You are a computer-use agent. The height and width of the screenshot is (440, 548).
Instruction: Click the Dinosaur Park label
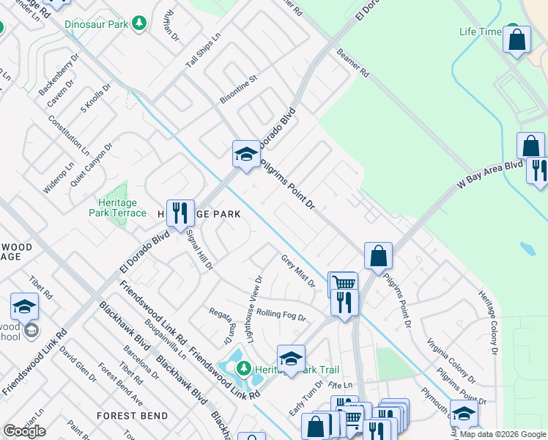pos(96,24)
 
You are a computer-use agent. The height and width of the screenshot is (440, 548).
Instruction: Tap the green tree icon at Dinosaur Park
pos(138,24)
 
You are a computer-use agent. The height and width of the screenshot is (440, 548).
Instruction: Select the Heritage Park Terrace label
pos(122,208)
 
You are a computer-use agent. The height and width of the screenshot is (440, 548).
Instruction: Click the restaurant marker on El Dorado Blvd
pos(179,213)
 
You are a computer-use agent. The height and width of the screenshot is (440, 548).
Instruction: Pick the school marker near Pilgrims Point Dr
pos(246,153)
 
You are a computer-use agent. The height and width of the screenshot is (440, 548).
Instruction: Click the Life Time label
pos(480,32)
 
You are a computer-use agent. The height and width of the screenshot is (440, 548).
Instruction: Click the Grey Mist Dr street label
pos(298,271)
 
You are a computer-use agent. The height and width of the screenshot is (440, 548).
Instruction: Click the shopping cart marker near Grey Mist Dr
pos(343,283)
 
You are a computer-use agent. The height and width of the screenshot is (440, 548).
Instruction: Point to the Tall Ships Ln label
pos(203,51)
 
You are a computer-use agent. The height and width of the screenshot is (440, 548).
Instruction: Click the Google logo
pos(24,431)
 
